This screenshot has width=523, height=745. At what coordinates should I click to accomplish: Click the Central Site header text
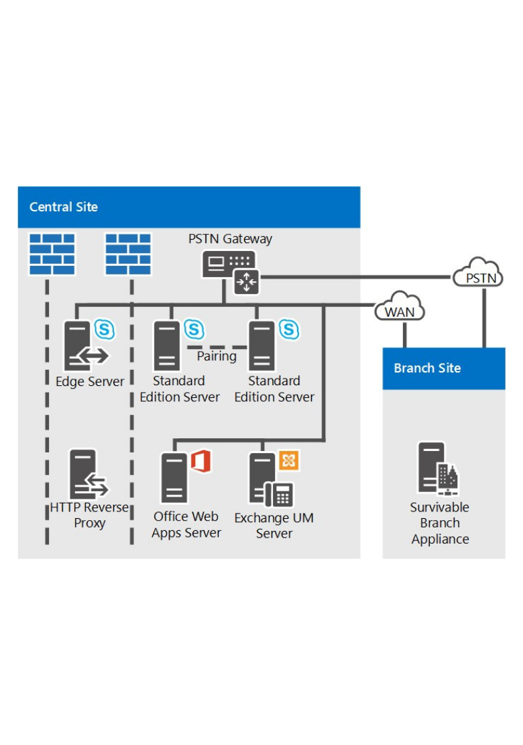[x=64, y=207]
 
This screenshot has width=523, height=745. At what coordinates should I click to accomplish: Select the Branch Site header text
[x=427, y=368]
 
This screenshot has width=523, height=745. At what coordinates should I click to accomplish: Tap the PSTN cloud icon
[x=480, y=274]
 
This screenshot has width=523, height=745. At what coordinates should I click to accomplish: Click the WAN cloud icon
[x=400, y=309]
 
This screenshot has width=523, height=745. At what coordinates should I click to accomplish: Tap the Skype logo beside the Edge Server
[x=105, y=330]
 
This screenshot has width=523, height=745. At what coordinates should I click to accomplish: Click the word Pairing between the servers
[x=217, y=356]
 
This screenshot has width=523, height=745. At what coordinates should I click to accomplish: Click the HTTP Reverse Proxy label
[x=89, y=515]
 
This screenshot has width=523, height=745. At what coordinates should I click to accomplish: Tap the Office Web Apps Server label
[x=186, y=525]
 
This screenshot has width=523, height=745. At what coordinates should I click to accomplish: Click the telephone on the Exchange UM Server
[x=280, y=495]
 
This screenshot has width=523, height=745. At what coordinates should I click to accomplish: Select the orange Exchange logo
[x=289, y=460]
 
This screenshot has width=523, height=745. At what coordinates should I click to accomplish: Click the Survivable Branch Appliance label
[x=440, y=523]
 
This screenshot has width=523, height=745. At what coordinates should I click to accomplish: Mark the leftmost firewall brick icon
[x=52, y=254]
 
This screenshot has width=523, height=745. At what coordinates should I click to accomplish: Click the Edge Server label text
[x=90, y=381]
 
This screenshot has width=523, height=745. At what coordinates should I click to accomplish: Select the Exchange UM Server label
[x=274, y=526]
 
